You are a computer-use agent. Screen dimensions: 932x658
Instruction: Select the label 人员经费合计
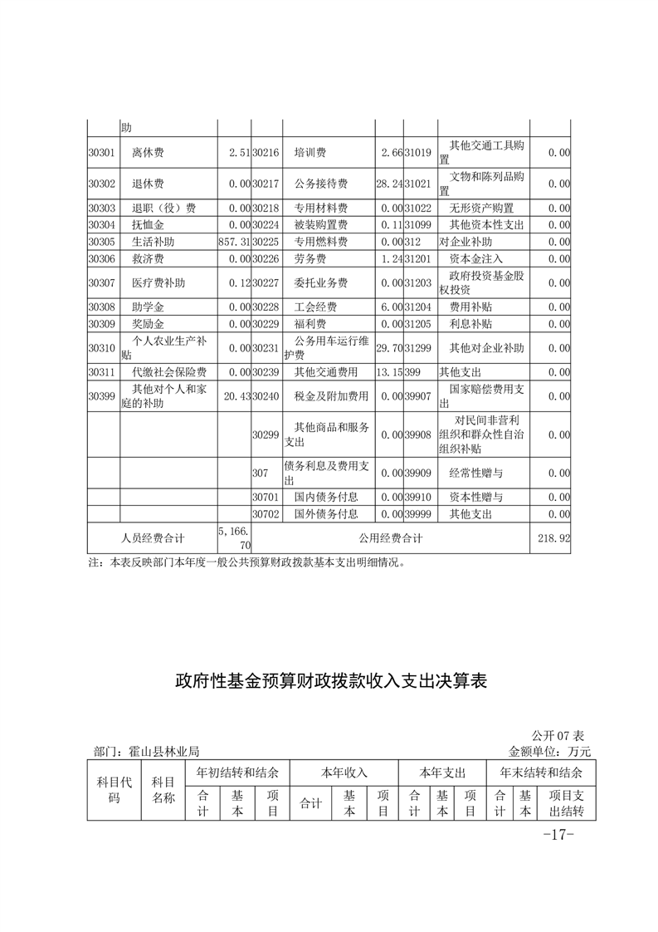coord(153,538)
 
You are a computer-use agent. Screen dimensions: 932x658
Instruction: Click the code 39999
coord(418,514)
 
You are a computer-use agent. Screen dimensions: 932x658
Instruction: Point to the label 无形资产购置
coord(481,208)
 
